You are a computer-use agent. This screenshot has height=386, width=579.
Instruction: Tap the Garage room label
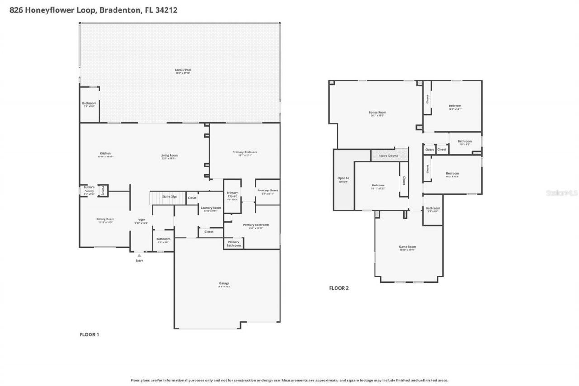(224, 283)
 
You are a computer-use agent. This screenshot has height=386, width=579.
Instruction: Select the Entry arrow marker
(139, 256)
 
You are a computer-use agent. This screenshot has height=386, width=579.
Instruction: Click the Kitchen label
(105, 153)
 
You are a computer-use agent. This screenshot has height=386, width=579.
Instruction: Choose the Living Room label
(169, 155)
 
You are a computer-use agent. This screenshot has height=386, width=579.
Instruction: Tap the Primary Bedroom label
(245, 152)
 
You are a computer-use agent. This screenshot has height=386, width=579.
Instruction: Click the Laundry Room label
(210, 207)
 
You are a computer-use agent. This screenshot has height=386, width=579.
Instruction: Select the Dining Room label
(105, 219)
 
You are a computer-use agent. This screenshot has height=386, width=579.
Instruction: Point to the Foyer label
(141, 219)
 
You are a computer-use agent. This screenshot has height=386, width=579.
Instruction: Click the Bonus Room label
(377, 112)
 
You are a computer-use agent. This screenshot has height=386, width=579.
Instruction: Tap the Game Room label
(408, 247)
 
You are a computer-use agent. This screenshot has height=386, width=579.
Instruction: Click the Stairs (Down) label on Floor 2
(389, 156)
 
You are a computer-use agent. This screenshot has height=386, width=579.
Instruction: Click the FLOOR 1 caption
(89, 334)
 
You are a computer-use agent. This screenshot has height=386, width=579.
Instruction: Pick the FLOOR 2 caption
(339, 288)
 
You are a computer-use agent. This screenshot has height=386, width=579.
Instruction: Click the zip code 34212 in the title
(166, 10)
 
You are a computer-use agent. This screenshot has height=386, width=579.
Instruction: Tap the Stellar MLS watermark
(562, 193)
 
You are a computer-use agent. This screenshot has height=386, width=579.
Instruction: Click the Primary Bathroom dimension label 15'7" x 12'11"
(256, 228)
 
